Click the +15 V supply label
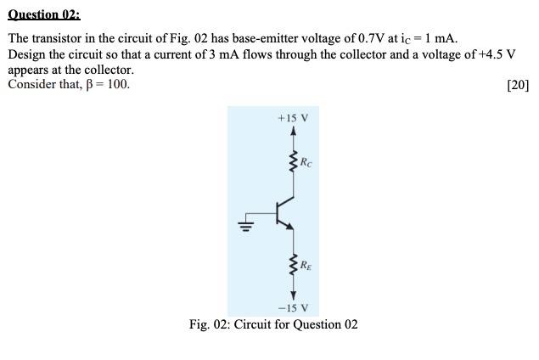(294, 117)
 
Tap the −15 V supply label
(294, 307)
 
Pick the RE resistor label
(306, 265)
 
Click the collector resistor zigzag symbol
(294, 161)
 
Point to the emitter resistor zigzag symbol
(294, 265)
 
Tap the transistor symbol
(284, 212)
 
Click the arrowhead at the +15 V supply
(294, 131)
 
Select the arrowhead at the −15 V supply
(294, 294)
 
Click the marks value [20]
(517, 85)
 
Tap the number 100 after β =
(119, 85)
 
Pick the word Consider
(32, 85)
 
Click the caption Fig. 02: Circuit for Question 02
(273, 324)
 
